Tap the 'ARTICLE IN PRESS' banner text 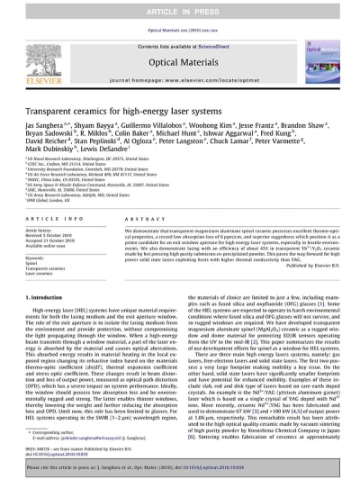coord(179,8)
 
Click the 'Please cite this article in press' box coord(179,469)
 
